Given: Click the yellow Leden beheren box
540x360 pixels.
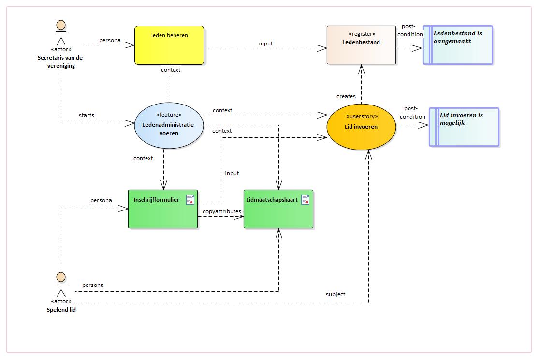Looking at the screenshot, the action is tap(169, 45).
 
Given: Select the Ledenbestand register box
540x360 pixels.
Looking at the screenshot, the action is tap(361, 45).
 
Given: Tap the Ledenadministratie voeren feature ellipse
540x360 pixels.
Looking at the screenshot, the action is tap(169, 125).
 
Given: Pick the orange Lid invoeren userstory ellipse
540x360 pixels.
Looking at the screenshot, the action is tap(361, 127).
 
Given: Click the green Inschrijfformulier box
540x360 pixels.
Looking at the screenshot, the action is tap(163, 209).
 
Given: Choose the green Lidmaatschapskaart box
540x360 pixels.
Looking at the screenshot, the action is tap(278, 209).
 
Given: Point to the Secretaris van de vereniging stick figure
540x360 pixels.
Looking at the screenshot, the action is tap(61, 33).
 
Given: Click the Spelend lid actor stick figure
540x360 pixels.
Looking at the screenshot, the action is tap(61, 285).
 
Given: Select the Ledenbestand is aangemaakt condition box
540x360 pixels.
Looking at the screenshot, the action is tap(458, 45).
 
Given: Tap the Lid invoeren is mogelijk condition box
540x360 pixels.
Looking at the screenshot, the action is tap(464, 127).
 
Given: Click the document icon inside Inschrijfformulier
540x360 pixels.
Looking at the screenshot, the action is tap(190, 200).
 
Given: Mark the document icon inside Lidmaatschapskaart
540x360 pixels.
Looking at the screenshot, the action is tap(306, 200).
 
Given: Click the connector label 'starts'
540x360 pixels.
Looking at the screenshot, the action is tap(87, 115).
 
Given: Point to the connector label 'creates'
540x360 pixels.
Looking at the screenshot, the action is tap(346, 97).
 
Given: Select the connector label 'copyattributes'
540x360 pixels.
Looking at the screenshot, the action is tap(222, 211).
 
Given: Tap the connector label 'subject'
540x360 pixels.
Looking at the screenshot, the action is tap(336, 294).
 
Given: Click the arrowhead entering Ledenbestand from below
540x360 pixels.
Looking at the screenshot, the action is tap(361, 69).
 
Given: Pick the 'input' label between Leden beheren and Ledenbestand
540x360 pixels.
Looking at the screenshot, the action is tap(265, 44).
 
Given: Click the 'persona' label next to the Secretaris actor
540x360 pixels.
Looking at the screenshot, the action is tap(110, 40).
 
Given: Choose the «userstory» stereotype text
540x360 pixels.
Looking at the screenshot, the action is tap(362, 116).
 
